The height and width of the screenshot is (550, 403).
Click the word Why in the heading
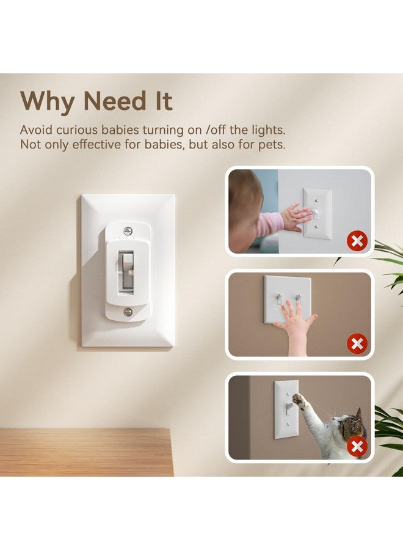[x=47, y=101]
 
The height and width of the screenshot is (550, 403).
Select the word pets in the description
[x=270, y=145]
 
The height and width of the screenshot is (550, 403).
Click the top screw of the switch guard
[x=128, y=231]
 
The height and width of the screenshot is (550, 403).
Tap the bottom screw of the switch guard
[x=128, y=312]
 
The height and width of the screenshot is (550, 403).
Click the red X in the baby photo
[x=357, y=241]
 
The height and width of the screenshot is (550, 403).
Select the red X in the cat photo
[x=357, y=447]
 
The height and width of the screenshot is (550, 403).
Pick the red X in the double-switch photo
[x=357, y=344]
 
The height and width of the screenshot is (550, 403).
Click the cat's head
[x=354, y=425]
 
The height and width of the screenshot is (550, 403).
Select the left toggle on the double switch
[x=278, y=299]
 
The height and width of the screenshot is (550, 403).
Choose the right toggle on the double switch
[x=298, y=299]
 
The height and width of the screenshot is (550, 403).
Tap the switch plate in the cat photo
[x=286, y=408]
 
